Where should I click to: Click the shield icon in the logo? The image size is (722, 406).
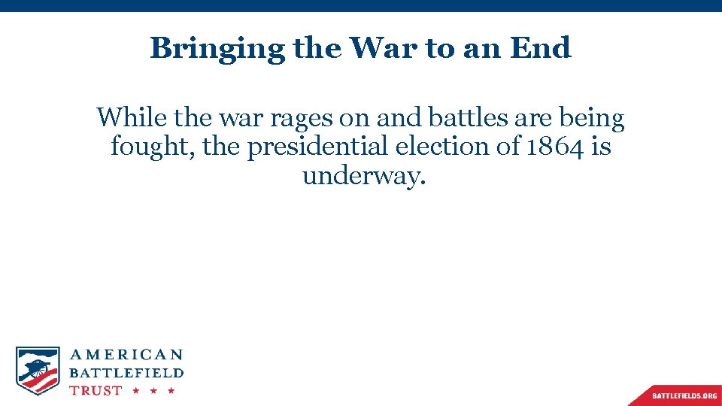click(x=38, y=370)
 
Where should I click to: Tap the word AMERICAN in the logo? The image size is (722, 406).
click(x=126, y=355)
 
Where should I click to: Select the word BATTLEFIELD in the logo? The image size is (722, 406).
click(x=126, y=373)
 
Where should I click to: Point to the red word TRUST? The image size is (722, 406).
click(x=96, y=390)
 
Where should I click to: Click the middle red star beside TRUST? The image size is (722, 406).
click(x=153, y=391)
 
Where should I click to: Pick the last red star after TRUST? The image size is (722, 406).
click(x=171, y=391)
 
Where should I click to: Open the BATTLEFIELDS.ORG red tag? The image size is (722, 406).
click(x=684, y=395)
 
